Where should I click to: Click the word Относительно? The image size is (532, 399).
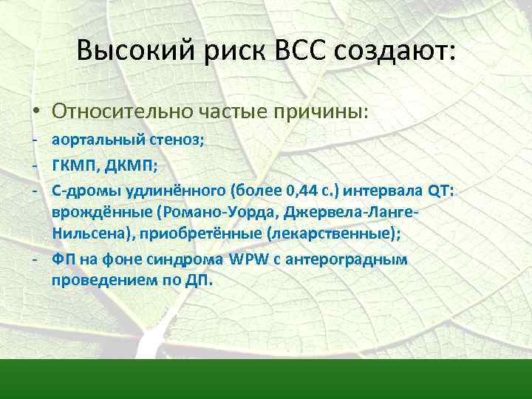123,112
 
